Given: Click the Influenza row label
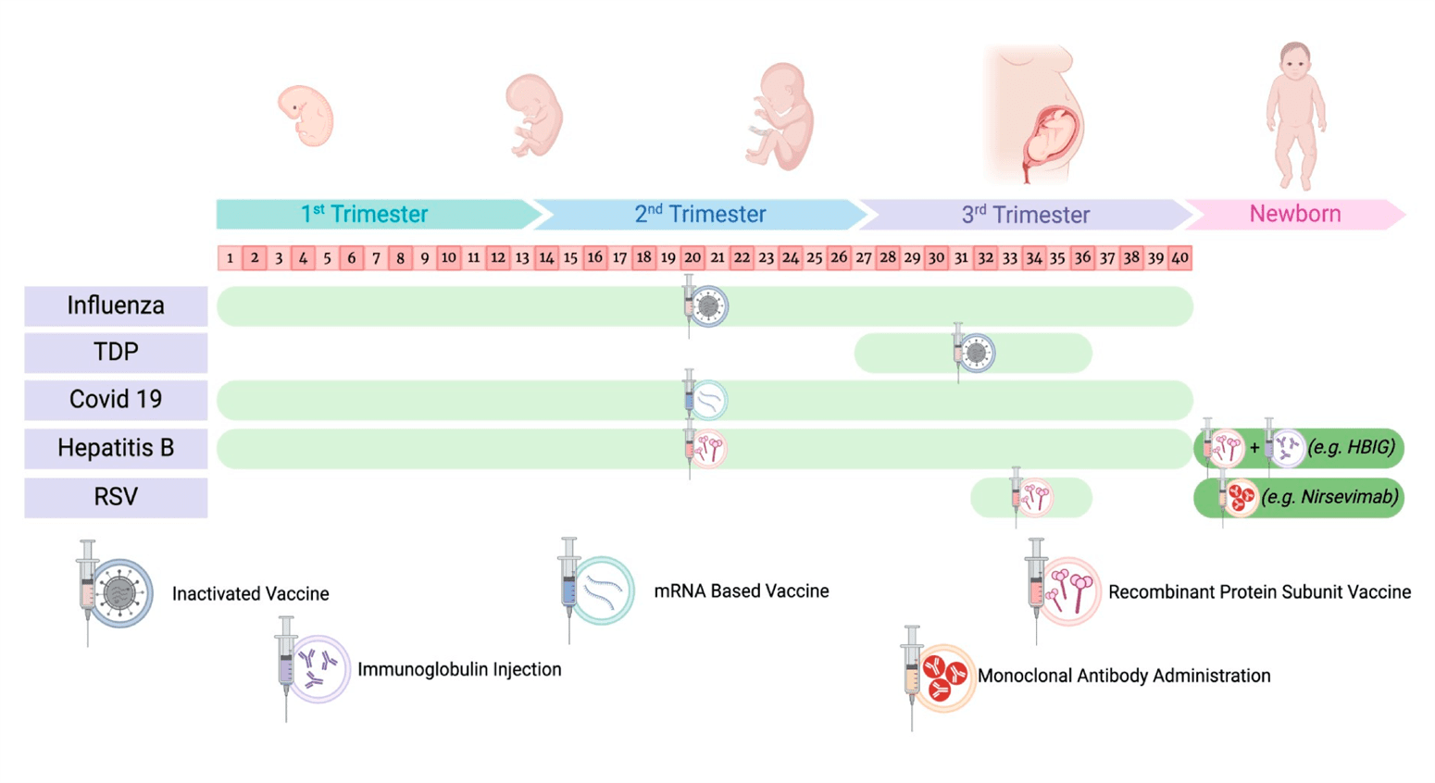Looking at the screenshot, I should (x=116, y=305).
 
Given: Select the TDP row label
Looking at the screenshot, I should (x=116, y=353).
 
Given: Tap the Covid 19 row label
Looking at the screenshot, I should (x=116, y=400).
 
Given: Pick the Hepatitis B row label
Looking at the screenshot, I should (x=116, y=448).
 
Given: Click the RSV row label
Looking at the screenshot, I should (x=116, y=497).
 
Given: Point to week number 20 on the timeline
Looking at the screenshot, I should (x=693, y=258).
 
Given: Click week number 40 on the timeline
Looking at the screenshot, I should (x=1179, y=258).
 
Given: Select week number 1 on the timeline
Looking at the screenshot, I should (x=230, y=258).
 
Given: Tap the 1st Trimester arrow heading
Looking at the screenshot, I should (x=365, y=214).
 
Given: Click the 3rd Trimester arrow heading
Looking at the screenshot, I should (x=1025, y=215).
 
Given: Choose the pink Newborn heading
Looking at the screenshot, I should (x=1294, y=214).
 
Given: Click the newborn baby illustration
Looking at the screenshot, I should (x=1295, y=116).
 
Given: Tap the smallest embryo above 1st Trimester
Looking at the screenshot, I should (x=306, y=116).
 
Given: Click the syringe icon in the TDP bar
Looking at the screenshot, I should (x=972, y=353).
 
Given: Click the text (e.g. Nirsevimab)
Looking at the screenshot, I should (x=1329, y=497).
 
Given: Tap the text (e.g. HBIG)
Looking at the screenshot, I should (x=1351, y=447).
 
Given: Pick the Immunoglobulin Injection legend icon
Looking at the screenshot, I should (x=313, y=668).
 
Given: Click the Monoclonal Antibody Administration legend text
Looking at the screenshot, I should (x=1123, y=676).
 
